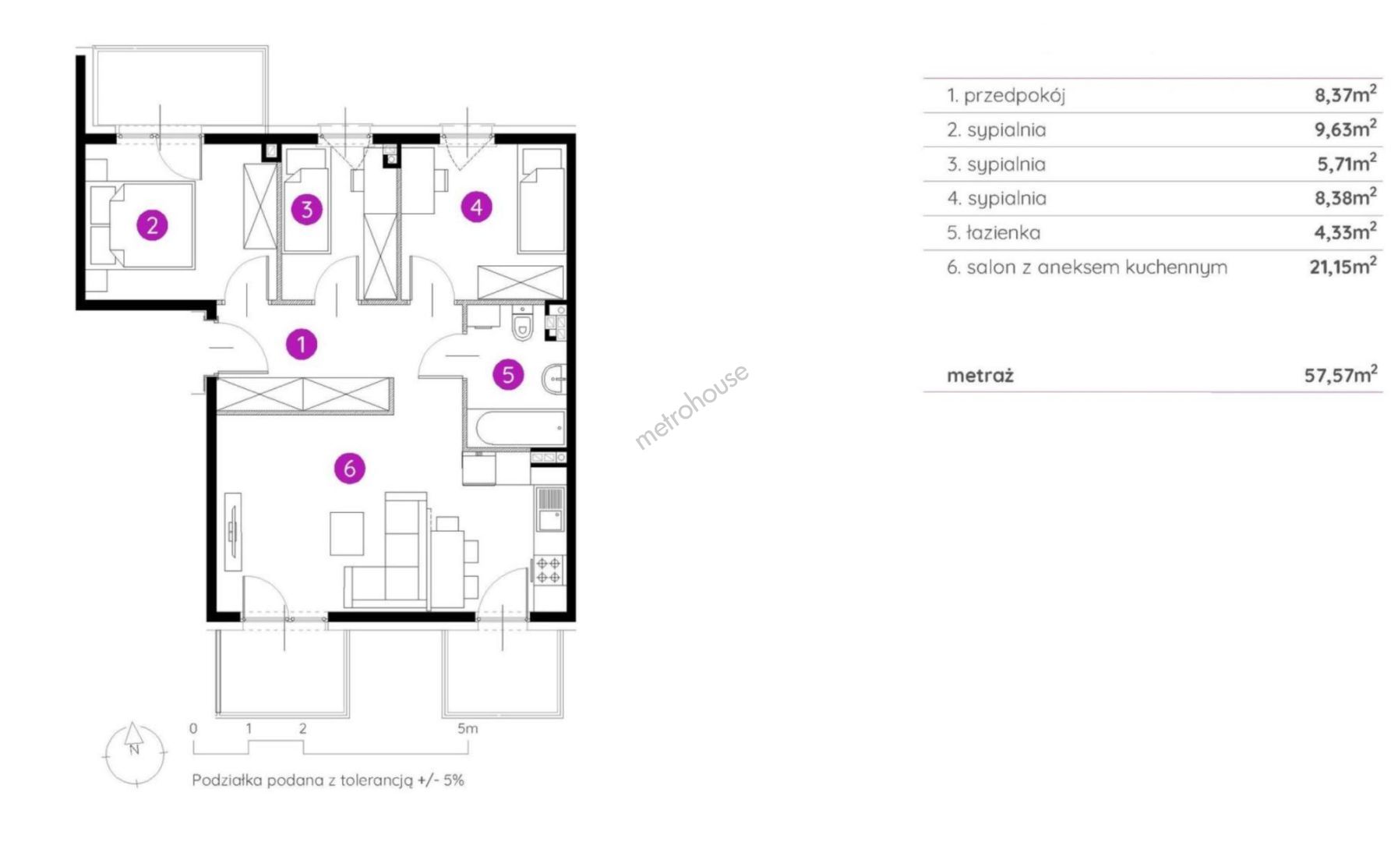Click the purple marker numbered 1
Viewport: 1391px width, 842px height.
coord(302,344)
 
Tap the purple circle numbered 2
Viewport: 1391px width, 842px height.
coord(153,225)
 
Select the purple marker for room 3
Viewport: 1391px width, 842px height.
coord(307,209)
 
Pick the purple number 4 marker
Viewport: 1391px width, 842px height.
coord(477,207)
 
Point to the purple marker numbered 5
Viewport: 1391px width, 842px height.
coord(508,375)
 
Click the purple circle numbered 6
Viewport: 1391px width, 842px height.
coord(350,469)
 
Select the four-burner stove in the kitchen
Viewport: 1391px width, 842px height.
coord(549,570)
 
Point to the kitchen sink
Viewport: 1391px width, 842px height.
coord(550,509)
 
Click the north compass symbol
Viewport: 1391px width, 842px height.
coord(134,752)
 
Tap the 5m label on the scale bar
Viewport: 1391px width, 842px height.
coord(468,728)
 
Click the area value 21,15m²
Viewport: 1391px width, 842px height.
coord(1343,266)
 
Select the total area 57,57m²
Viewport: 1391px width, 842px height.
coord(1340,374)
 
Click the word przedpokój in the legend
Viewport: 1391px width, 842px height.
coord(1015,96)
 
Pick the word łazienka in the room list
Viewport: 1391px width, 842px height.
coord(1003,232)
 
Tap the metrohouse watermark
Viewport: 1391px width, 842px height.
coord(692,407)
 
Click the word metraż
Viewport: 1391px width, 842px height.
coord(980,376)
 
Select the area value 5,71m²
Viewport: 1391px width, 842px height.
coord(1346,163)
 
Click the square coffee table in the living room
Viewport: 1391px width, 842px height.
coord(347,533)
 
